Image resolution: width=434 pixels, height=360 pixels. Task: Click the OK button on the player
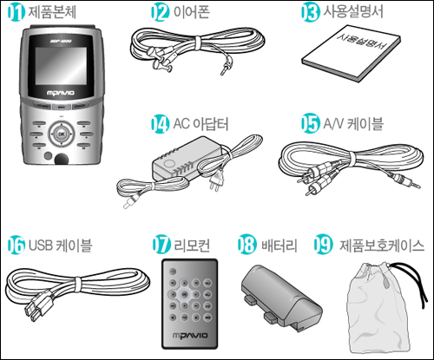tap(62, 134)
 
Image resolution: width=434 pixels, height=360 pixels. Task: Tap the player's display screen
tap(61, 66)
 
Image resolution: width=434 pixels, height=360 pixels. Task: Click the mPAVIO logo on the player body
tap(61, 93)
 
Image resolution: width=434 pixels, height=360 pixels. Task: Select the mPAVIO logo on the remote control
tap(190, 336)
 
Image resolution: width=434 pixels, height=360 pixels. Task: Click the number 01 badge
tap(16, 12)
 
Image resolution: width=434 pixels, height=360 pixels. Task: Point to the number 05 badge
tap(310, 123)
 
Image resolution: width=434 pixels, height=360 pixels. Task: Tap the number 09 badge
tap(323, 245)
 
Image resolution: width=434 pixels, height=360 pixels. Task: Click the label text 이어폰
tap(191, 12)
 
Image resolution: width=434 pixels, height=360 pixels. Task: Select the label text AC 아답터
tap(201, 124)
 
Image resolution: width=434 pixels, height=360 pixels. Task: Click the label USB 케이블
tap(60, 245)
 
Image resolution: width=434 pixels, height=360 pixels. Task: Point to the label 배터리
tap(279, 245)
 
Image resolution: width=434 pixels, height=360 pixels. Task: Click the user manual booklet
tap(351, 54)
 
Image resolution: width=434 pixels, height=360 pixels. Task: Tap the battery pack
tap(281, 297)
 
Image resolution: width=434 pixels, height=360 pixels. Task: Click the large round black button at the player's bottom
tap(61, 160)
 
